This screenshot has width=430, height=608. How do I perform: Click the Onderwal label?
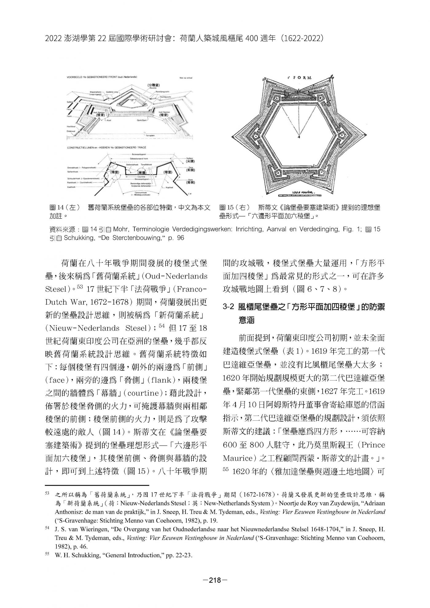(x=71, y=131)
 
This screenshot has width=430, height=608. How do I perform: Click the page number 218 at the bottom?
(x=215, y=580)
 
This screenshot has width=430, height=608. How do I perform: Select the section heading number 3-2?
(x=229, y=307)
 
